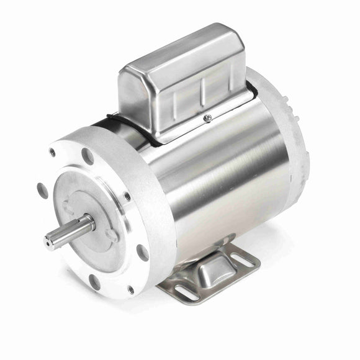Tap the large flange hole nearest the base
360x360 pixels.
(142, 253)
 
